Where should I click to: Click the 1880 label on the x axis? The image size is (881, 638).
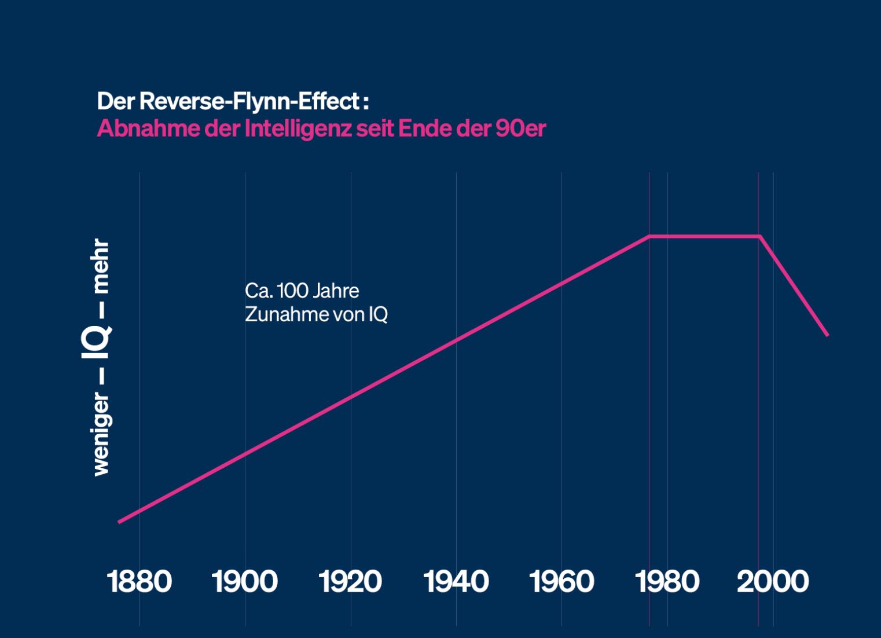(x=140, y=581)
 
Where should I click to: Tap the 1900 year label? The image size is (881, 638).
(x=245, y=581)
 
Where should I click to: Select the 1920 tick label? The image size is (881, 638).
(x=350, y=581)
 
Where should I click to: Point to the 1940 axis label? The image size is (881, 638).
(x=456, y=581)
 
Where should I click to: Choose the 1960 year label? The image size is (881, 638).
(x=561, y=581)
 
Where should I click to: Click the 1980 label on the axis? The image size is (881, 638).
(x=667, y=581)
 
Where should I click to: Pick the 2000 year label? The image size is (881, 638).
(x=773, y=581)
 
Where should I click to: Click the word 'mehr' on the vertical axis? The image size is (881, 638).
(x=101, y=266)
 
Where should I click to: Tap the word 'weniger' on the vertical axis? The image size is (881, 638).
(x=101, y=434)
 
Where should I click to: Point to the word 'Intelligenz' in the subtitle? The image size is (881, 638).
(x=298, y=128)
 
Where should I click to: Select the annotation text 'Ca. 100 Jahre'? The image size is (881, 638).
(x=302, y=291)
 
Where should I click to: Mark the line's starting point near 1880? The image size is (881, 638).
(x=119, y=522)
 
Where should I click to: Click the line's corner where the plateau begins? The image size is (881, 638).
(x=649, y=236)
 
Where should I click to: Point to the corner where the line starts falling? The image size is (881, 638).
(x=759, y=236)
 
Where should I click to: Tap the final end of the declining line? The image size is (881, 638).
(x=827, y=335)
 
